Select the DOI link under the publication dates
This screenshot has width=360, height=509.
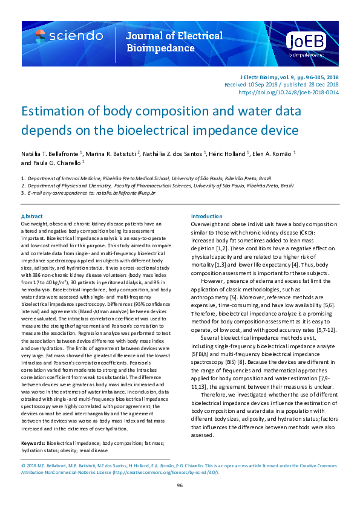[289, 92]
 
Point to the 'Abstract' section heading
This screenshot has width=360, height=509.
[31, 216]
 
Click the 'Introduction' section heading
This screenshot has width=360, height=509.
[207, 216]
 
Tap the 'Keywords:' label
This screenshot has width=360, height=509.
[33, 443]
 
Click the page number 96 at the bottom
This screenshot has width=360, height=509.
[180, 486]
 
